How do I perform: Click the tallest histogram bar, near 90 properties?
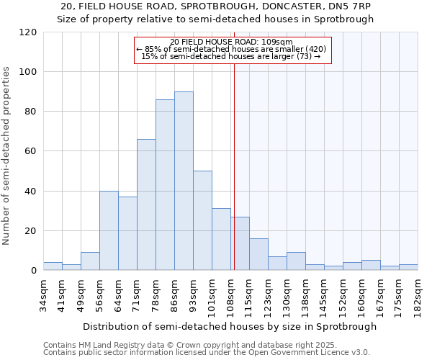click(x=184, y=181)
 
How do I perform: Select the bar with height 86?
click(x=165, y=185)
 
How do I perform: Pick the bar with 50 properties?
click(x=202, y=221)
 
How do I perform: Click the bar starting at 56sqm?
click(x=109, y=230)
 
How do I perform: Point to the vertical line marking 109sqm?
click(x=234, y=166)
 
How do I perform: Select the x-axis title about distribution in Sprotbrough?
click(x=230, y=326)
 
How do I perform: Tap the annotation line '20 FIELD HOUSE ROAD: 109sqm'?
click(x=232, y=42)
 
